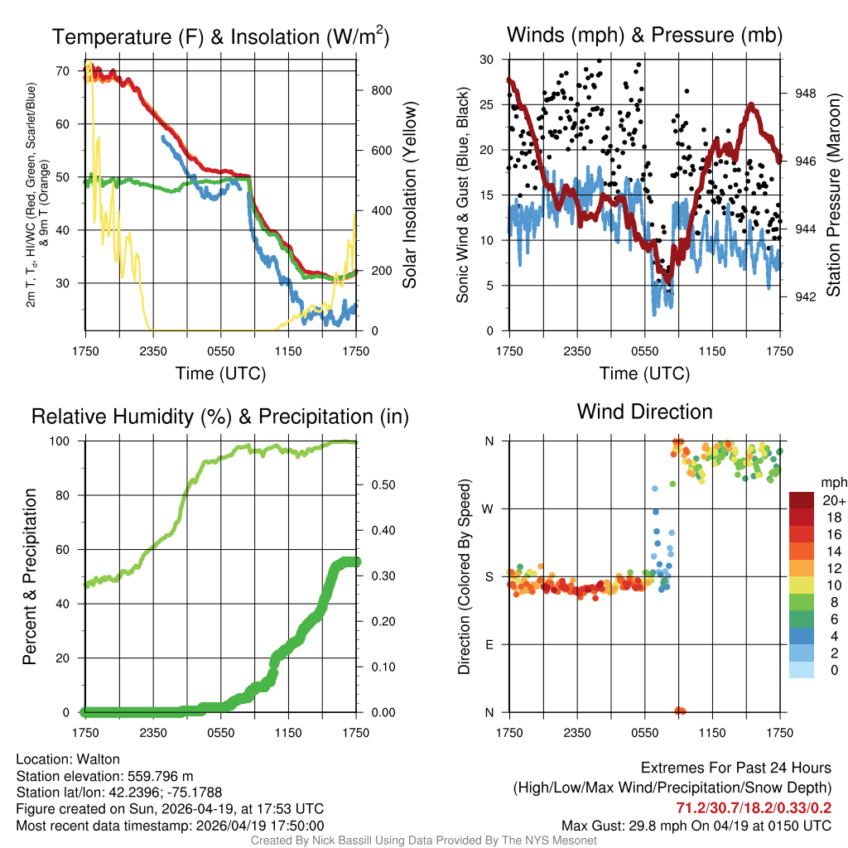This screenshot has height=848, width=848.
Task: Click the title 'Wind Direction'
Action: [644, 412]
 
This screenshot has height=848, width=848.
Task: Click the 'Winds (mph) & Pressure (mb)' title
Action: [644, 36]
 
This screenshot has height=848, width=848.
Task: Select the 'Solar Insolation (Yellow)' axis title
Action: [409, 195]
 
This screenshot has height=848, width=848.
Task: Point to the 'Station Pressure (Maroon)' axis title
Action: [834, 195]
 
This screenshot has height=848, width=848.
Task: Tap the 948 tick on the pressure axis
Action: [805, 94]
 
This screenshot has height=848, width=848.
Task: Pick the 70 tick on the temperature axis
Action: [63, 71]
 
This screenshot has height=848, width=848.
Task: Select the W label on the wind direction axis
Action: [489, 508]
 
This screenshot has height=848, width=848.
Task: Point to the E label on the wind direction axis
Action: [489, 644]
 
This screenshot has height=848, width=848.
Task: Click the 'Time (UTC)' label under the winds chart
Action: [644, 373]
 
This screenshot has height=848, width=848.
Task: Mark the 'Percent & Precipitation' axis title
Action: [31, 576]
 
